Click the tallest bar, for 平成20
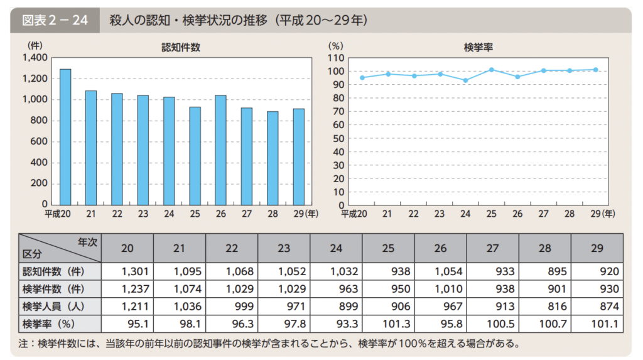65,137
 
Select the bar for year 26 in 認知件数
220,150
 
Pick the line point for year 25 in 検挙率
491,70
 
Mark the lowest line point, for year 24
465,80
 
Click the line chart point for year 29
595,70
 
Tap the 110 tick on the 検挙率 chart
333,58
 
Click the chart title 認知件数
181,47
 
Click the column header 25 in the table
388,248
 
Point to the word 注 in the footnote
23,344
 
